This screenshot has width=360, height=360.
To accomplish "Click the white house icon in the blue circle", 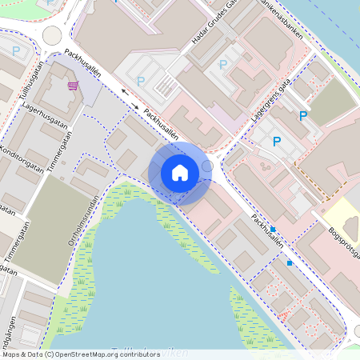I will (x=180, y=173).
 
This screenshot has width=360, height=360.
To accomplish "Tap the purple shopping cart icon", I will (x=74, y=86).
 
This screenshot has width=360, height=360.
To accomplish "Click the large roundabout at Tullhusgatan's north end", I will (x=52, y=35).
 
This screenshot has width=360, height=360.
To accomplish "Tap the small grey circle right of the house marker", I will (x=207, y=166).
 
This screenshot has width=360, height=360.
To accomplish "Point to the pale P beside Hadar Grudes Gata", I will (x=223, y=63).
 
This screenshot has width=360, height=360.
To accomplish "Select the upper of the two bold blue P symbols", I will (x=302, y=116).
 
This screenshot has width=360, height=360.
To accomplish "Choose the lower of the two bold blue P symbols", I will (x=277, y=142).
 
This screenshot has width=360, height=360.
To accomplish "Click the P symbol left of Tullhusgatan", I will (x=16, y=51).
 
